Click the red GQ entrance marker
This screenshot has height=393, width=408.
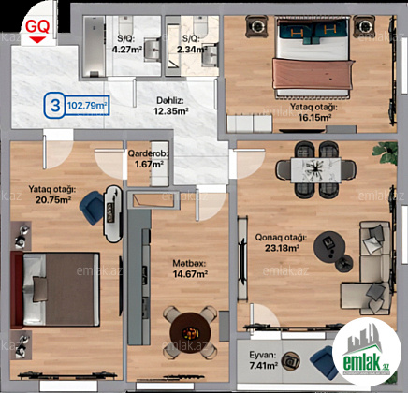(x=37, y=31)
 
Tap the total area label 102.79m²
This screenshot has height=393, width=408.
(x=87, y=105)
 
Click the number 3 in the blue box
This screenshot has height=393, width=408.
(x=55, y=105)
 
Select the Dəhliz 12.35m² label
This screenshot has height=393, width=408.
(x=170, y=106)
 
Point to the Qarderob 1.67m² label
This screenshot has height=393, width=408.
(x=149, y=159)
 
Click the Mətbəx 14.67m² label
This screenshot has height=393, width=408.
(x=190, y=269)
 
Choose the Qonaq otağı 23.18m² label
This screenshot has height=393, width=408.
(x=281, y=242)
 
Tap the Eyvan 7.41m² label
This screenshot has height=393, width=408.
(x=263, y=360)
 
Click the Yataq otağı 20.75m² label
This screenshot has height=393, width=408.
(x=52, y=195)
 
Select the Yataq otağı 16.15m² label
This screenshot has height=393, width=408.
(x=313, y=112)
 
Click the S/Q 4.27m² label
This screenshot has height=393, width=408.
(x=127, y=44)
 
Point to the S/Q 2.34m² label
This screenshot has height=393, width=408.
(x=192, y=44)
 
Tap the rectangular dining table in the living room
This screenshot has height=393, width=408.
(x=315, y=170)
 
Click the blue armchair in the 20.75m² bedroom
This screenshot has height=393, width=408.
(x=92, y=208)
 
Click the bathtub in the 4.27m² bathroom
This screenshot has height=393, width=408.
(x=94, y=46)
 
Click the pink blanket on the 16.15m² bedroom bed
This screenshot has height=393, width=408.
(x=313, y=74)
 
